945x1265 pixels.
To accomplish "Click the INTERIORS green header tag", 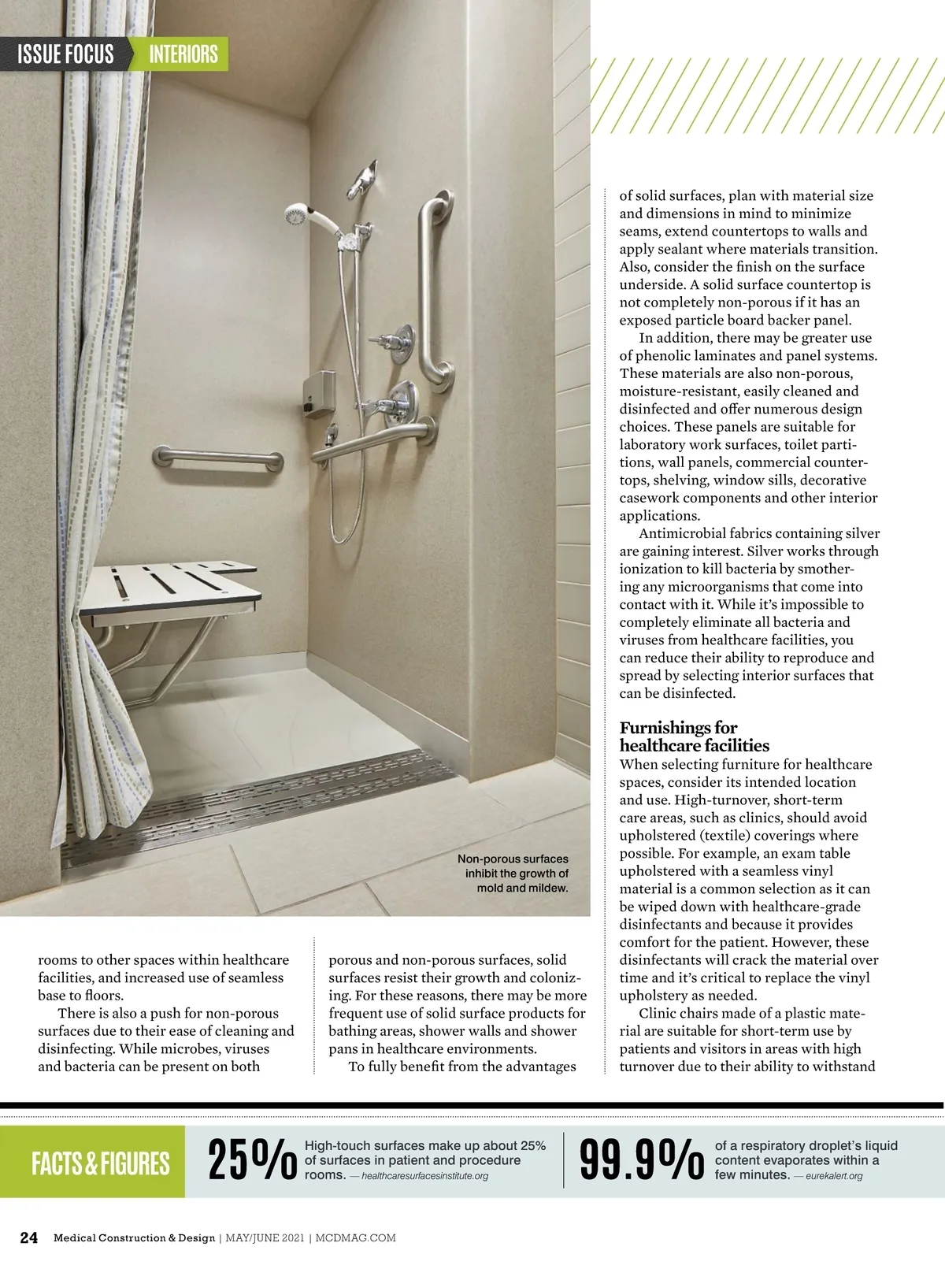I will (x=183, y=54).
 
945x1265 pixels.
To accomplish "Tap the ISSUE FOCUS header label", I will (x=65, y=54).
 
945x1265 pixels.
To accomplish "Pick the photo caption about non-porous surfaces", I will (x=513, y=873).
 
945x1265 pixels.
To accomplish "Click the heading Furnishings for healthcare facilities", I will (x=694, y=736).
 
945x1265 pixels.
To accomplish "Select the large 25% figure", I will (x=252, y=1160).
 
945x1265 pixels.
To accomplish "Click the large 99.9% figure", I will (x=641, y=1160).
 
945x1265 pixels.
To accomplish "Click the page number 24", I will (x=28, y=1237).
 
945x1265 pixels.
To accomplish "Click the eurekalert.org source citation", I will (x=834, y=1176).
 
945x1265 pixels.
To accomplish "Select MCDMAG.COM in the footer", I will (x=356, y=1238).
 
